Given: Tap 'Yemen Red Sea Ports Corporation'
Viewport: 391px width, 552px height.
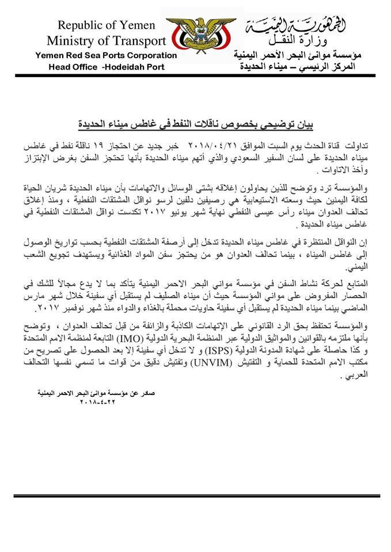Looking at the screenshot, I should tap(106, 56).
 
